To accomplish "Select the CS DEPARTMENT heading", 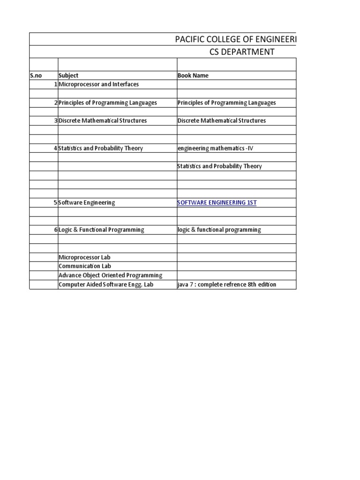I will (242, 52).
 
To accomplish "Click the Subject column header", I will (68, 75).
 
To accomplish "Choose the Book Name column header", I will (193, 75).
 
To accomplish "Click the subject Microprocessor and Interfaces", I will (98, 84).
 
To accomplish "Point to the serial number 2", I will (55, 103).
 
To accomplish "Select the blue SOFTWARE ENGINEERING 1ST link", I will (217, 202).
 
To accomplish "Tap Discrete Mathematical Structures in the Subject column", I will (103, 121).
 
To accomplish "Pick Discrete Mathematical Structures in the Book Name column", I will (222, 121).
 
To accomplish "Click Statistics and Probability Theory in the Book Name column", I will (220, 166).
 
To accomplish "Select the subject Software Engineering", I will (87, 202).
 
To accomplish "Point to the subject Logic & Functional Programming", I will (101, 230).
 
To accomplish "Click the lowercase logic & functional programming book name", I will (219, 230).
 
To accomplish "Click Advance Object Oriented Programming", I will (110, 275).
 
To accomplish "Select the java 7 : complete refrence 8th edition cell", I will (224, 285).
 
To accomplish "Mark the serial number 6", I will (55, 230).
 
